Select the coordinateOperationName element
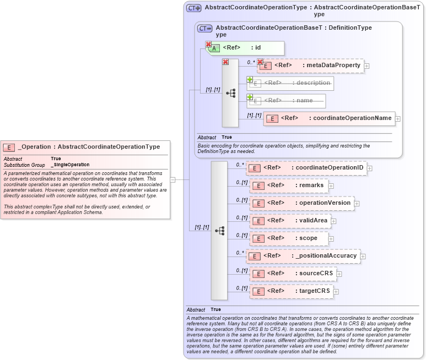click(x=328, y=118)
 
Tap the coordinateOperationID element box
click(x=306, y=168)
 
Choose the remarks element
click(x=289, y=186)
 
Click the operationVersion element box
click(x=302, y=203)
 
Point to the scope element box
click(x=289, y=238)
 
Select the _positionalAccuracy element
click(x=303, y=256)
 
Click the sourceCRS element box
click(x=293, y=274)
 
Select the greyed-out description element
click(x=290, y=83)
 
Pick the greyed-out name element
click(x=287, y=101)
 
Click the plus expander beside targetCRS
click(x=336, y=292)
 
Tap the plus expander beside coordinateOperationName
click(x=398, y=119)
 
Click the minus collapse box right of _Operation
click(x=172, y=179)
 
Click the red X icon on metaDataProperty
click(x=260, y=62)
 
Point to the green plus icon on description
click(x=250, y=79)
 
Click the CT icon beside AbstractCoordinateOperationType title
click(x=193, y=8)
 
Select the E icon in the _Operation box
click(x=9, y=147)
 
